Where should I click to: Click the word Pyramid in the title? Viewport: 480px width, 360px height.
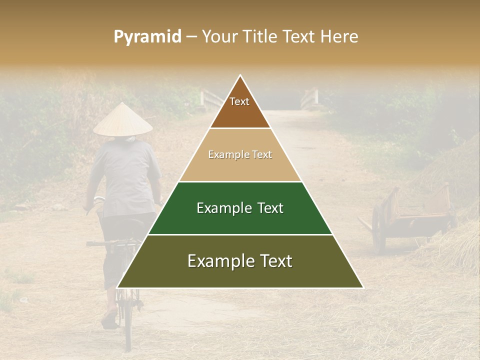(147, 37)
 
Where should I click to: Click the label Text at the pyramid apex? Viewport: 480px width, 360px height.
(239, 102)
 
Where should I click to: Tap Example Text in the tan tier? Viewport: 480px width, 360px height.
(240, 155)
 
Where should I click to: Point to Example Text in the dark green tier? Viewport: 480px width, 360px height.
(240, 208)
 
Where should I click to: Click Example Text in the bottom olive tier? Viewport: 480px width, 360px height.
(240, 261)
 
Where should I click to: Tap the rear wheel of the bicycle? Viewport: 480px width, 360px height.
(128, 320)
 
